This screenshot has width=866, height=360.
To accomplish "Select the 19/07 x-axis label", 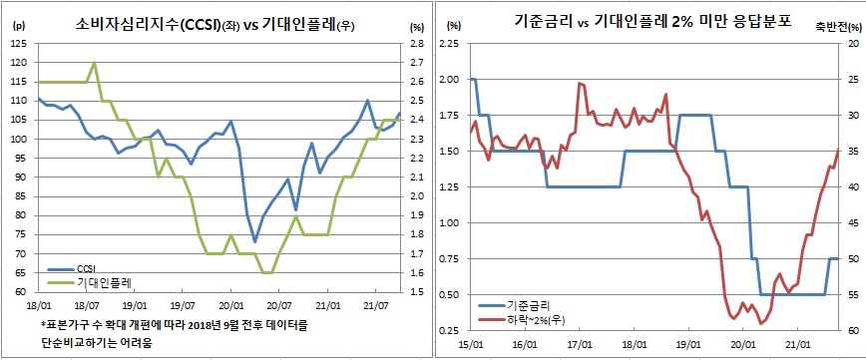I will pos(183,307).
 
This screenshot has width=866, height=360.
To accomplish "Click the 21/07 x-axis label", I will pos(376,307).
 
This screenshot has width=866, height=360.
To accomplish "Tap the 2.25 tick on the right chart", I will pos(449,45).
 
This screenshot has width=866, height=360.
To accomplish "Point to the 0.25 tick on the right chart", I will pos(449,330).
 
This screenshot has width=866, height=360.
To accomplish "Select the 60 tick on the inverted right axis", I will pos(851,330).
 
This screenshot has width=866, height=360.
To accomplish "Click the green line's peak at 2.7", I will pos(94,63).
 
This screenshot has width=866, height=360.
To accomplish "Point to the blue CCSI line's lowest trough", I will pos(254,241).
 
